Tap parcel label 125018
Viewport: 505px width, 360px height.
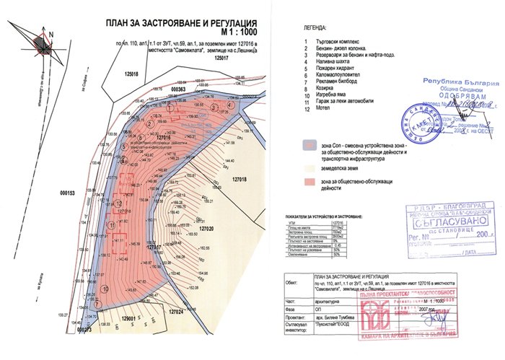pos(131,74)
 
